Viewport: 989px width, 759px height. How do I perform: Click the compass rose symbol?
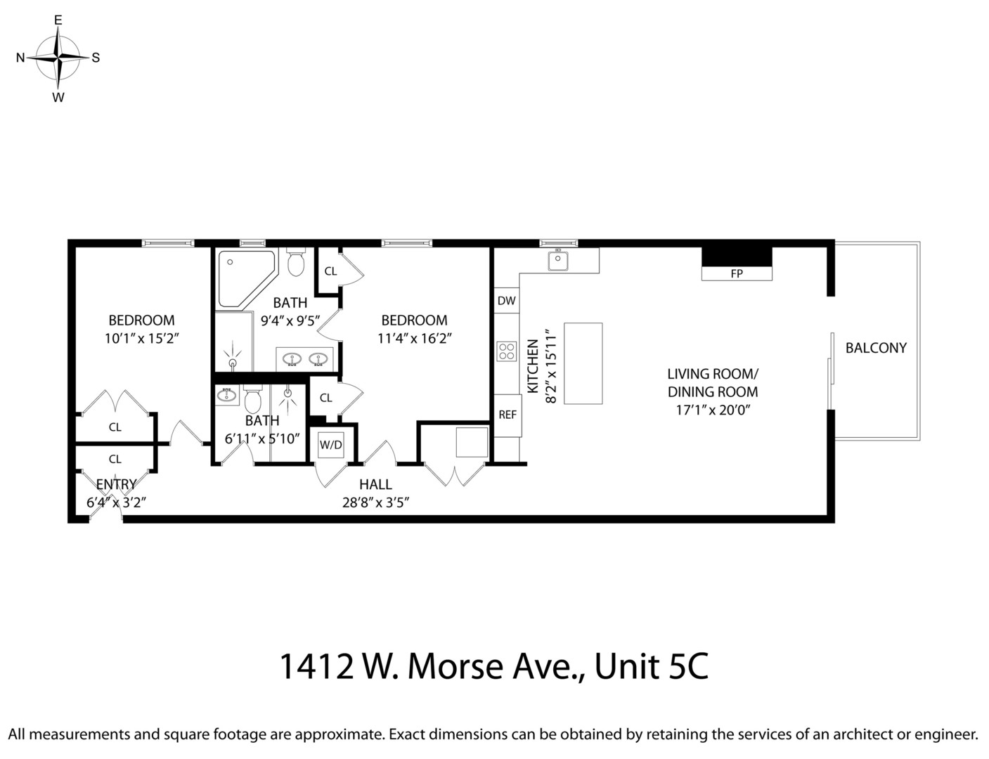tap(58, 58)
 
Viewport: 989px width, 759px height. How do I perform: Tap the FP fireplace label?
tap(736, 274)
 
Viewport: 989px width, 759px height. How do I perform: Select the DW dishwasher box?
tap(506, 301)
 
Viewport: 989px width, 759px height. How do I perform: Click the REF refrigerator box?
tap(507, 415)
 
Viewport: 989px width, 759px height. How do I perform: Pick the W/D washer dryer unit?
tap(330, 444)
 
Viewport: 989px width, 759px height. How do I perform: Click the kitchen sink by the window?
tap(559, 261)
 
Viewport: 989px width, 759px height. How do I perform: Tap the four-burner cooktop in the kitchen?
tap(506, 351)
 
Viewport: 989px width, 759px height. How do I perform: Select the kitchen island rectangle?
tap(583, 363)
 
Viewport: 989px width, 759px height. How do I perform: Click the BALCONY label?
tap(875, 347)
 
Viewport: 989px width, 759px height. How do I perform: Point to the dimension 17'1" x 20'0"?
tap(713, 410)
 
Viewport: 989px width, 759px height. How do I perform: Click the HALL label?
tap(375, 484)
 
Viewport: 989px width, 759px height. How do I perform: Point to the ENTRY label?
tap(116, 484)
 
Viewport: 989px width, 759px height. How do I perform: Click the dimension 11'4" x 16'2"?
tap(414, 338)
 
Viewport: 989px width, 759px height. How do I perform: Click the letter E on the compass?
tap(58, 20)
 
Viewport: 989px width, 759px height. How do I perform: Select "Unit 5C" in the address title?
tap(651, 666)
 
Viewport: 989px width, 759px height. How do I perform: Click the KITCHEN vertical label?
tap(534, 365)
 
